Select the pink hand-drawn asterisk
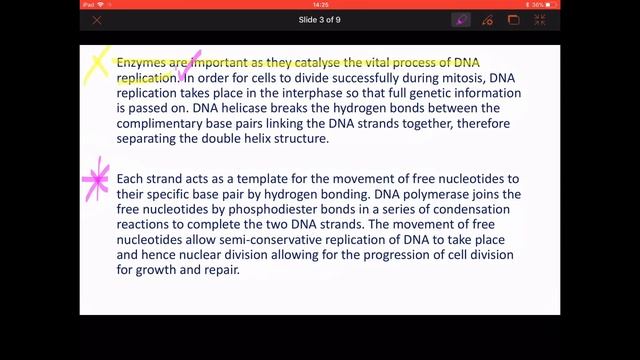point(97,181)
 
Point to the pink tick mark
point(189,66)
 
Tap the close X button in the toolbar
point(97,20)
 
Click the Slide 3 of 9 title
point(320,20)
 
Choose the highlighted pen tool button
point(462,20)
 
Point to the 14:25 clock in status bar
point(320,4)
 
